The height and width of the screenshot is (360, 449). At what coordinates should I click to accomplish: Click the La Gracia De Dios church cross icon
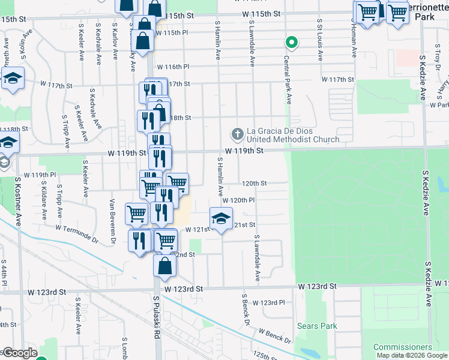pos(237,133)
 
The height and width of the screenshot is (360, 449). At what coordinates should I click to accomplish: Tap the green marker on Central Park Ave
pos(291,43)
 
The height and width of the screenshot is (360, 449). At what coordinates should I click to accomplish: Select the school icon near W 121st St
pos(221,219)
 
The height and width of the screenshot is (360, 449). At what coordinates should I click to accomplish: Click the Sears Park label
pos(317,326)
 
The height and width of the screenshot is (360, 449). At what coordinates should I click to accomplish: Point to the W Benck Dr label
pos(275,335)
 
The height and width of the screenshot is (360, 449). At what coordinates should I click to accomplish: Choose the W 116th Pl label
pos(173,67)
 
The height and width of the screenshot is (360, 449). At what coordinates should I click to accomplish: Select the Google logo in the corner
pos(19,353)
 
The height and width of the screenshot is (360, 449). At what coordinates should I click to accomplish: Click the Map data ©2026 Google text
pos(412,355)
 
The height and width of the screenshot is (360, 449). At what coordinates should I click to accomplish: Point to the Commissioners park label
pos(402,347)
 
